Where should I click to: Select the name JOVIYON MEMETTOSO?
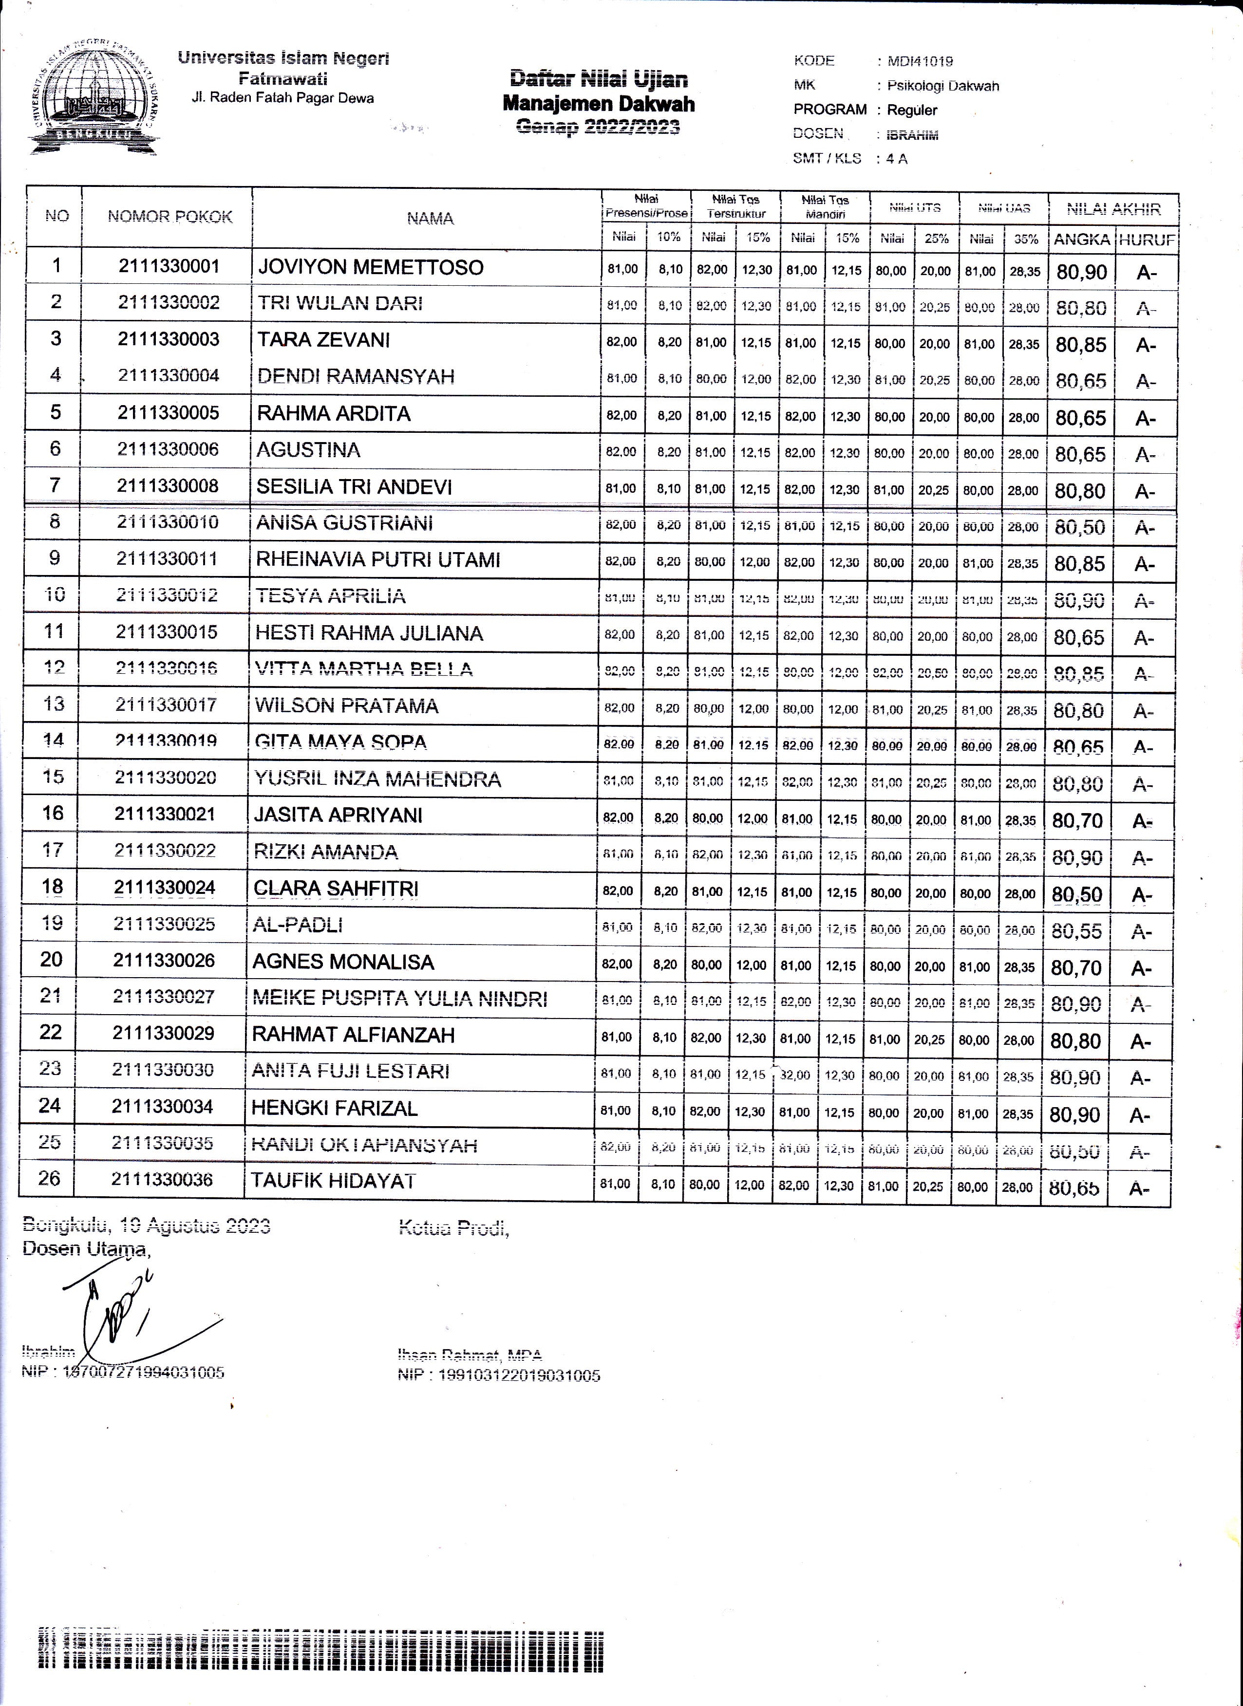(370, 267)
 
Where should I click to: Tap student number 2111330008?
(167, 486)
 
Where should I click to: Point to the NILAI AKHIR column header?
(1113, 209)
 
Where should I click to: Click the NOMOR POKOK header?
(170, 217)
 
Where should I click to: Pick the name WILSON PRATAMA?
(346, 705)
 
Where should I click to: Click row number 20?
(51, 959)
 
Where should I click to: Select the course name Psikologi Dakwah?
(943, 86)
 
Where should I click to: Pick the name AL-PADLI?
(298, 925)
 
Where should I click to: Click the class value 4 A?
(896, 159)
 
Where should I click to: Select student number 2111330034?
(163, 1107)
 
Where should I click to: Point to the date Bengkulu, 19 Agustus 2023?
(146, 1226)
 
